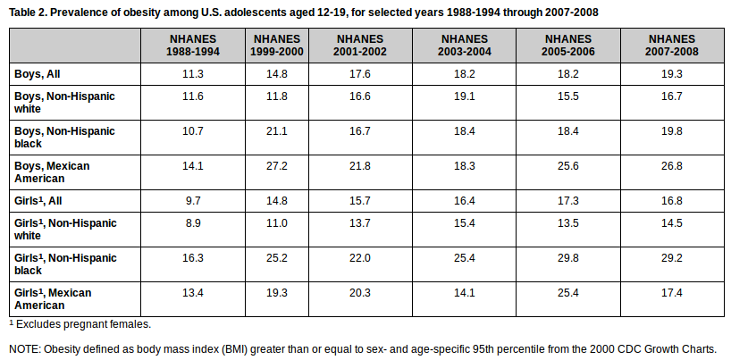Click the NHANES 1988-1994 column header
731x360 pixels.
pyautogui.click(x=192, y=46)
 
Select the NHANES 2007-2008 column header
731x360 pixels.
pyautogui.click(x=671, y=46)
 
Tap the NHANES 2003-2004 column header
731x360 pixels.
pyautogui.click(x=464, y=46)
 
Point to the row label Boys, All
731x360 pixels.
pyautogui.click(x=38, y=74)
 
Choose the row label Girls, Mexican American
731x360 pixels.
pyautogui.click(x=53, y=299)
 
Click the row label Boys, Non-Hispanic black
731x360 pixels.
pyautogui.click(x=64, y=137)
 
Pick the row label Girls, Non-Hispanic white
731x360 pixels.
pyautogui.click(x=65, y=229)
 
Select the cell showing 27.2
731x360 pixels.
pyautogui.click(x=277, y=166)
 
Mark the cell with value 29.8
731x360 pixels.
pyautogui.click(x=567, y=258)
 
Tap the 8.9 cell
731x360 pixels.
pyautogui.click(x=192, y=223)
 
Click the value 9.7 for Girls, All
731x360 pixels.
pyautogui.click(x=192, y=201)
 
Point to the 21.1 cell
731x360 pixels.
pyautogui.click(x=277, y=131)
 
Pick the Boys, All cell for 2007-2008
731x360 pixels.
pyautogui.click(x=671, y=74)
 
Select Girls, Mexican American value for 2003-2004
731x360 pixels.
pyautogui.click(x=464, y=293)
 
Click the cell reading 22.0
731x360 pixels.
pyautogui.click(x=360, y=258)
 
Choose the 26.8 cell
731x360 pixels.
pyautogui.click(x=671, y=166)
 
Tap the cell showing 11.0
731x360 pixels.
pyautogui.click(x=277, y=223)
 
